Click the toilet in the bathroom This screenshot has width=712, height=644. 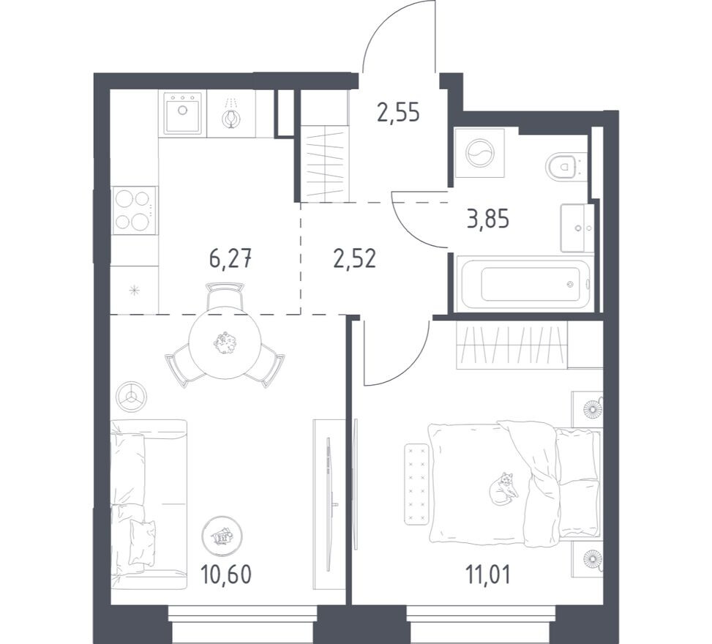click(x=564, y=167)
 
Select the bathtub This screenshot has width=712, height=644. click(x=523, y=284)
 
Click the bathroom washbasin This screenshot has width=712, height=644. click(x=578, y=228)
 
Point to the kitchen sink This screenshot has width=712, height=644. click(x=182, y=113)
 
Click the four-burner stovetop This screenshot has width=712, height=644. click(x=135, y=210)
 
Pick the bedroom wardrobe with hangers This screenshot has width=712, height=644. click(x=511, y=343)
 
